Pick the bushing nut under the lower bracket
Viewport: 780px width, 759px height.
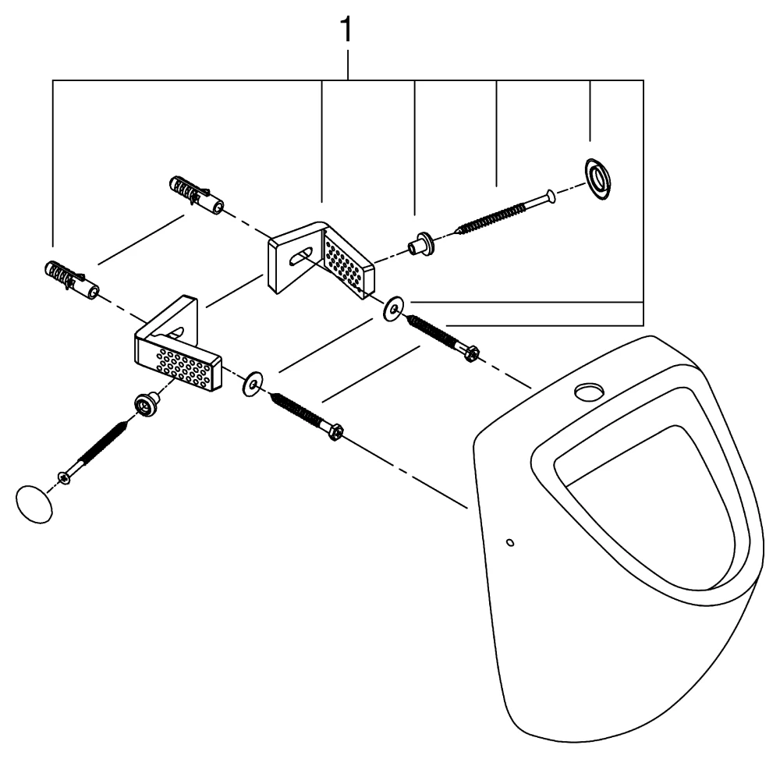tap(144, 403)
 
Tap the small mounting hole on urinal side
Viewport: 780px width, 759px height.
tap(509, 541)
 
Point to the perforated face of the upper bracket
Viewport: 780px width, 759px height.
tap(346, 264)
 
